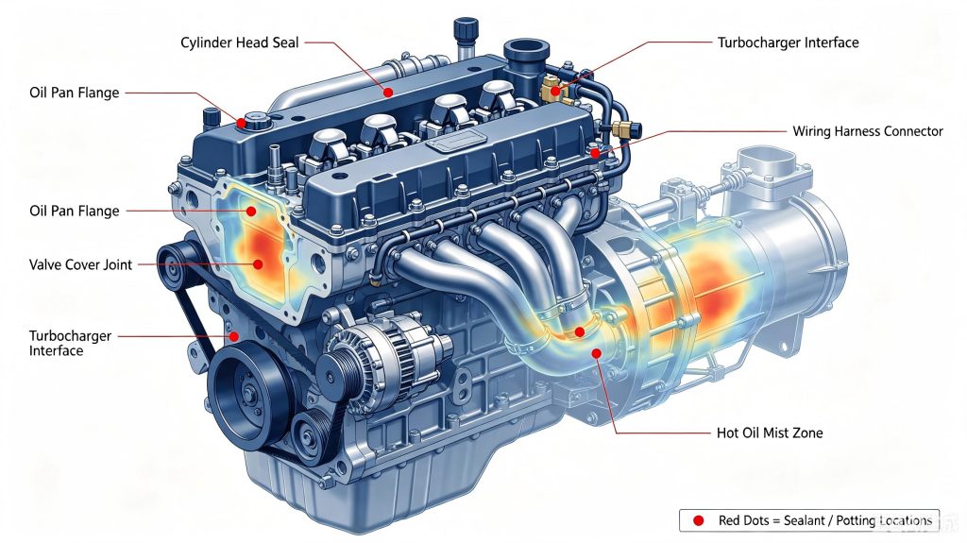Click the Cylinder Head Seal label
(239, 42)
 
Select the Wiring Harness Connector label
(868, 131)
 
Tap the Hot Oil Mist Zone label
(770, 433)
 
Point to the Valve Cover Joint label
(81, 264)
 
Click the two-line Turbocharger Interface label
(70, 343)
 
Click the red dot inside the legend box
(698, 520)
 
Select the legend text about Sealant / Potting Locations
(825, 520)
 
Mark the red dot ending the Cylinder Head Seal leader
(388, 93)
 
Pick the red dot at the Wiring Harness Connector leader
(595, 152)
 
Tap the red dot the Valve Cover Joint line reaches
(259, 264)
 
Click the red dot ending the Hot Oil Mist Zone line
(597, 353)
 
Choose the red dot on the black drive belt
(234, 336)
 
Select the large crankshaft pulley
(248, 392)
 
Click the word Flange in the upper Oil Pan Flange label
(102, 93)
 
